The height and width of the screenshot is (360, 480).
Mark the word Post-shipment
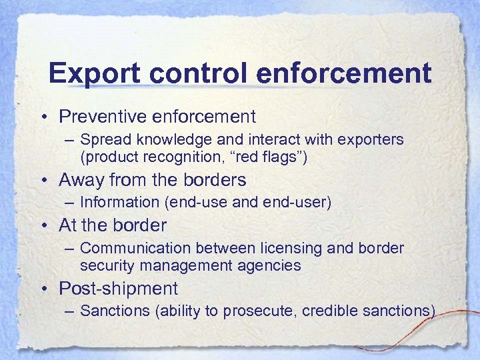click(x=118, y=289)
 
